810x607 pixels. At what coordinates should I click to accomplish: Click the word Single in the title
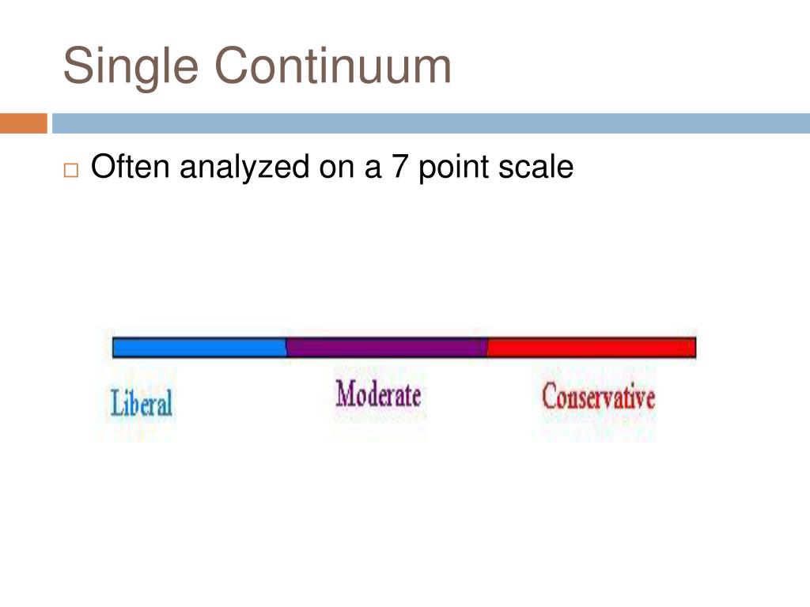(131, 66)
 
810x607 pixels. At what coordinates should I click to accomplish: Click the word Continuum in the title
(333, 66)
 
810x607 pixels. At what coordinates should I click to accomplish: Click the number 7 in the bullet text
(401, 167)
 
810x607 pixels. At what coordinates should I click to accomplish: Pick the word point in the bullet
(449, 168)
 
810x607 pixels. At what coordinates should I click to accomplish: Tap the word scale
(534, 167)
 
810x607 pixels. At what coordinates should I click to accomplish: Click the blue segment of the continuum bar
(199, 348)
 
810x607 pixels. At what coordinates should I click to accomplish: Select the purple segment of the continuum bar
(386, 348)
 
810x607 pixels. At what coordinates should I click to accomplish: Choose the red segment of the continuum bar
(591, 348)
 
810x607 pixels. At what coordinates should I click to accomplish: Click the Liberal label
(142, 403)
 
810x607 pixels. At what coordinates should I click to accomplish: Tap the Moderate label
(378, 394)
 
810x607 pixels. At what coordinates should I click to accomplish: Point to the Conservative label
(598, 396)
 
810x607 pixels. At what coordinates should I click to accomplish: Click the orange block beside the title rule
(23, 123)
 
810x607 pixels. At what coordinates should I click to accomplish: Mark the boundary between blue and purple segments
(286, 348)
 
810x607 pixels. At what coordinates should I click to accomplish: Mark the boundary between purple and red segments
(486, 348)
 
